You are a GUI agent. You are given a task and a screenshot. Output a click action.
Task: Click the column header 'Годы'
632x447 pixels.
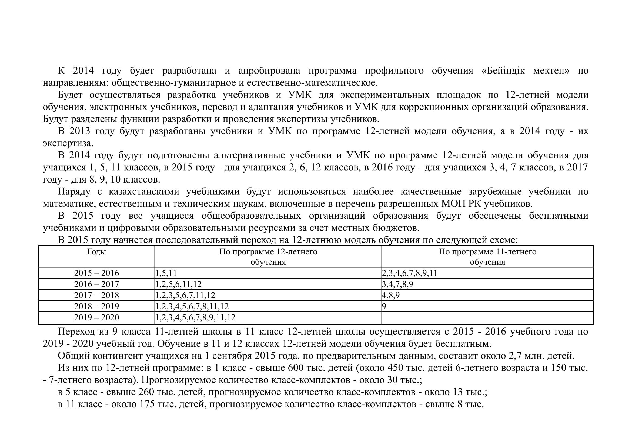click(x=96, y=252)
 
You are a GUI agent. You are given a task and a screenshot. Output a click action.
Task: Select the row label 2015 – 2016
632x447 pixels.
click(x=96, y=273)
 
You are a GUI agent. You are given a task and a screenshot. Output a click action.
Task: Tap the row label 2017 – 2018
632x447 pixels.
click(x=96, y=295)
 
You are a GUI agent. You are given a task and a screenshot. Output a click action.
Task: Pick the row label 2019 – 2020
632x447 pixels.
click(x=96, y=317)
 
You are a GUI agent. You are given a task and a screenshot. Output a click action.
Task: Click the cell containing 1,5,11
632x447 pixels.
click(x=166, y=273)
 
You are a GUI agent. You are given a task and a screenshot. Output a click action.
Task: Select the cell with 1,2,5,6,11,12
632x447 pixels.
click(x=179, y=284)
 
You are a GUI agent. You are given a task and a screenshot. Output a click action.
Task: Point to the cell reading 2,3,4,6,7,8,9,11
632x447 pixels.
click(x=410, y=273)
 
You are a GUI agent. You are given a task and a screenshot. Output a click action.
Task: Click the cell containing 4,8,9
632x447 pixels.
click(x=391, y=295)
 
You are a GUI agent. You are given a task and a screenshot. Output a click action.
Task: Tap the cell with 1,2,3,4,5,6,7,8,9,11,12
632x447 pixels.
click(x=195, y=317)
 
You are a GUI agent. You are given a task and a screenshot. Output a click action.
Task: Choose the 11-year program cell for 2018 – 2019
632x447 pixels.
click(x=384, y=306)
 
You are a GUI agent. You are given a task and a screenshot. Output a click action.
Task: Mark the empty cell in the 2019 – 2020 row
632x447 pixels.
click(x=487, y=318)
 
